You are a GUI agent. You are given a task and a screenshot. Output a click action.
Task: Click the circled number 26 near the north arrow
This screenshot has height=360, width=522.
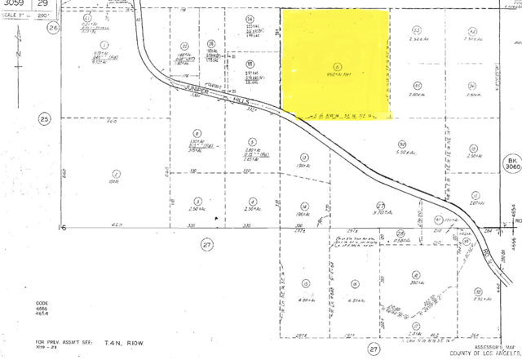[x=54, y=28]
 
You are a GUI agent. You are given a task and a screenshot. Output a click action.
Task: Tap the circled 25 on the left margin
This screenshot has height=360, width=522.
[x=45, y=118]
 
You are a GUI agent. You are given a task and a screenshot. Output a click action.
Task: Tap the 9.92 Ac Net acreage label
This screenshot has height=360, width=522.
[x=336, y=75]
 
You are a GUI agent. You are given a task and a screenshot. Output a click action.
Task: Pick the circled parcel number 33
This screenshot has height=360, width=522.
[x=417, y=29]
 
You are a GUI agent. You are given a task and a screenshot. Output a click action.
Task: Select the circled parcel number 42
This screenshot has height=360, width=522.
[x=472, y=29]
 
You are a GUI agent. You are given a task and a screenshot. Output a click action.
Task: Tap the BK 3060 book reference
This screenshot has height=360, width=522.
[x=511, y=167]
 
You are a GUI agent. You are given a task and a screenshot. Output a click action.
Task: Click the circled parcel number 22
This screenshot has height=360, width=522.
[x=184, y=45]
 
